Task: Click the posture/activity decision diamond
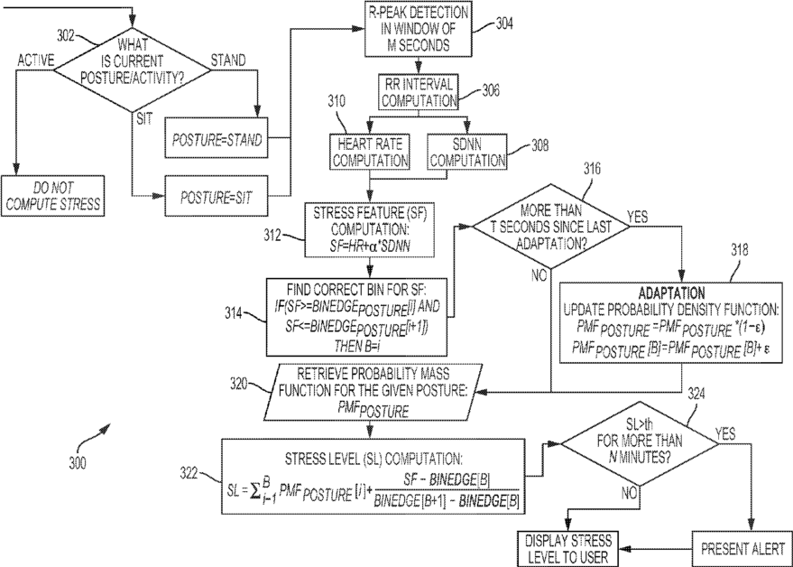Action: coord(132,70)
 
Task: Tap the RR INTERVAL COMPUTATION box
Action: coord(419,92)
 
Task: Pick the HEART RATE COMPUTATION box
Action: coord(370,153)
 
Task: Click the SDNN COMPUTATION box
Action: coord(466,153)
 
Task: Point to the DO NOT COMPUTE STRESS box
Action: coord(52,196)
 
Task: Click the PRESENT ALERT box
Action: coord(742,549)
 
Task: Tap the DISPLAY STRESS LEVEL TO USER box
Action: coord(568,549)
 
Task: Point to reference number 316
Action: coord(592,169)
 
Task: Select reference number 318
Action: coord(740,250)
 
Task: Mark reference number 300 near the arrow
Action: coord(78,462)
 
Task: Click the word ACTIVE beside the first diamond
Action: coord(35,60)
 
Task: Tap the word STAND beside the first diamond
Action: coord(228,60)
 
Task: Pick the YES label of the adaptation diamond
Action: coord(637,218)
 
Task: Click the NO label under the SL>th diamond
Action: coord(629,493)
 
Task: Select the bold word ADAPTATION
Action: coord(671,293)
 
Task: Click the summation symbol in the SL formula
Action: coord(258,492)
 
